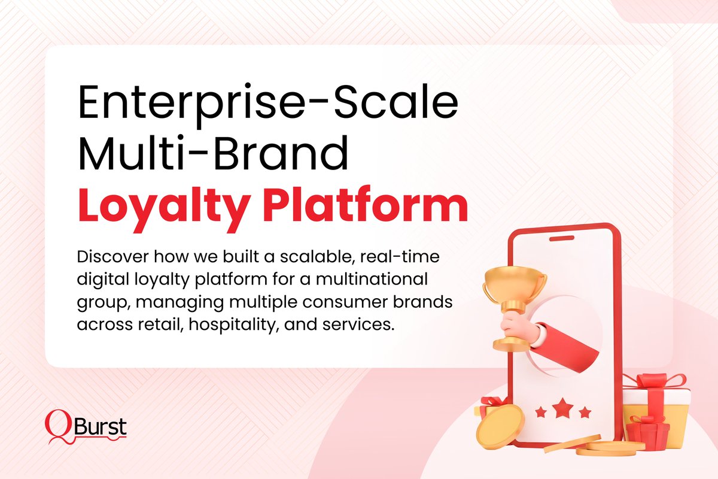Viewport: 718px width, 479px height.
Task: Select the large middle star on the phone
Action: [562, 410]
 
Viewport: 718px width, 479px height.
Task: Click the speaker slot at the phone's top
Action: [563, 239]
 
